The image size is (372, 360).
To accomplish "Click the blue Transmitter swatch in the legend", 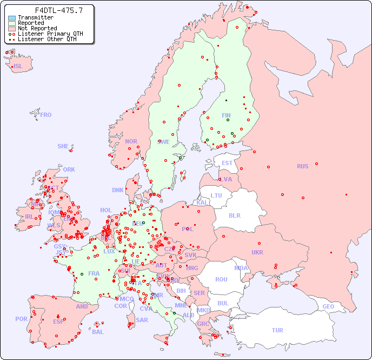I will (x=12, y=18).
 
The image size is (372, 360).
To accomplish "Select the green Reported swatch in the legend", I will (x=12, y=23).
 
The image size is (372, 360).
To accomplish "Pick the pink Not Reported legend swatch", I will (x=12, y=29).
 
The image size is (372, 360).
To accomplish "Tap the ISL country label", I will (x=18, y=67).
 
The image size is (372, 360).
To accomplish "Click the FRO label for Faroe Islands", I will (x=46, y=115).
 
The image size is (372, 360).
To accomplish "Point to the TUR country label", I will (x=277, y=330).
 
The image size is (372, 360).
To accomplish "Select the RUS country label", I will (x=302, y=166).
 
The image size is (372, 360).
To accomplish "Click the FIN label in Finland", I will (x=226, y=115).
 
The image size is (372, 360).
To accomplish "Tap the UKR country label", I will (x=257, y=252).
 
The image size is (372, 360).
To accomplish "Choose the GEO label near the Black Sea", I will (x=328, y=306).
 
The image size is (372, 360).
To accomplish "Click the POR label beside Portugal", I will (x=21, y=319).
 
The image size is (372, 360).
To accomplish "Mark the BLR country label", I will (x=235, y=215).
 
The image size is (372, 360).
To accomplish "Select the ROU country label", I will (x=221, y=279).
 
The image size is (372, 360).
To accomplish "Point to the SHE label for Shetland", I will (x=63, y=146).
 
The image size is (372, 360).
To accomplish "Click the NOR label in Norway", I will (x=131, y=141).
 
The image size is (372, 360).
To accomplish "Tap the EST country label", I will (x=227, y=163).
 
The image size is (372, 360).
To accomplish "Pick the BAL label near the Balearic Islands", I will (x=98, y=332).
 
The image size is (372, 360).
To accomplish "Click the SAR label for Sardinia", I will (x=142, y=319).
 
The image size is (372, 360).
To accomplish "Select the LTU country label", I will (x=216, y=195).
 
